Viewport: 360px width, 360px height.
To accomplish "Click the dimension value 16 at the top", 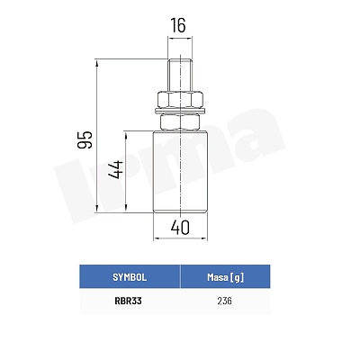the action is point(178,25).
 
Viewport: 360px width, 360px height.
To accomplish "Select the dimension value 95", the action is point(85,139).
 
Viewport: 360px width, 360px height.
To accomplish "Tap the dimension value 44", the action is point(116,170).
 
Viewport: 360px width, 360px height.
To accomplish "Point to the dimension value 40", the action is point(180,228).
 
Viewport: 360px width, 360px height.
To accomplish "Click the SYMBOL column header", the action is point(130,277).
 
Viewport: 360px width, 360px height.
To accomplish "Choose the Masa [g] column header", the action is point(225,277).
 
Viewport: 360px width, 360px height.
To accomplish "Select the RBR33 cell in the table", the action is point(128,301).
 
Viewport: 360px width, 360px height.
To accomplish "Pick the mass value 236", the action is point(225,301).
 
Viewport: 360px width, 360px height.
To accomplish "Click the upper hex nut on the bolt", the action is point(180,99).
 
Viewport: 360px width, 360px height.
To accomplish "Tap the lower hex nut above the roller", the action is point(180,122).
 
